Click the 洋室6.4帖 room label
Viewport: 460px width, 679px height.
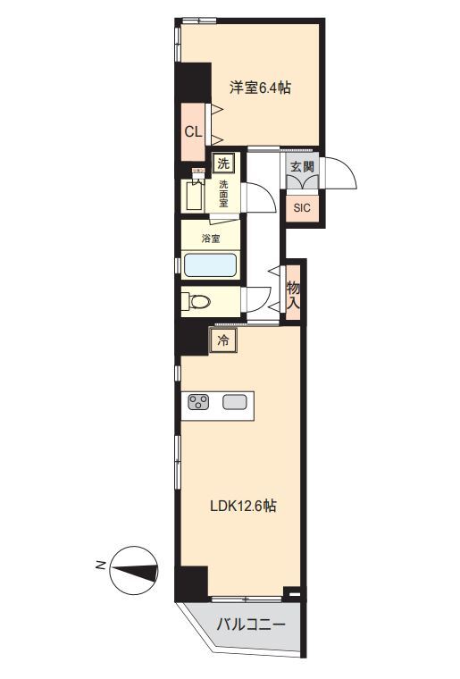[260, 88]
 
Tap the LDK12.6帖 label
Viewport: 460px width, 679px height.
[243, 506]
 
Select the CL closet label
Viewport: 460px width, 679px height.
[193, 131]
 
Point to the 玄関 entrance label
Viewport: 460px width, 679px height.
[302, 166]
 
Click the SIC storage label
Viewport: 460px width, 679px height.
[302, 208]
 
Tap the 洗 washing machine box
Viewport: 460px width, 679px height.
[223, 163]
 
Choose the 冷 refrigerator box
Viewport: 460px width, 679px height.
[223, 340]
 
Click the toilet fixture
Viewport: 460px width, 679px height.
[196, 301]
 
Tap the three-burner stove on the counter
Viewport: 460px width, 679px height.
[198, 402]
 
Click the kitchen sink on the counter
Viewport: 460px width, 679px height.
[235, 402]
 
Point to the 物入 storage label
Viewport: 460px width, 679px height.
[293, 295]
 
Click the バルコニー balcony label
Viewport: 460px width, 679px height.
[251, 625]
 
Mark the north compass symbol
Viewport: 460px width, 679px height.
[133, 570]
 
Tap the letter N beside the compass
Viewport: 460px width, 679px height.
[100, 566]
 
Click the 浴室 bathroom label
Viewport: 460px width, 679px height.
[211, 239]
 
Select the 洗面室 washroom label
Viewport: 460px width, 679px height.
[223, 193]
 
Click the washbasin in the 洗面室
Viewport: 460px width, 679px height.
[192, 196]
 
